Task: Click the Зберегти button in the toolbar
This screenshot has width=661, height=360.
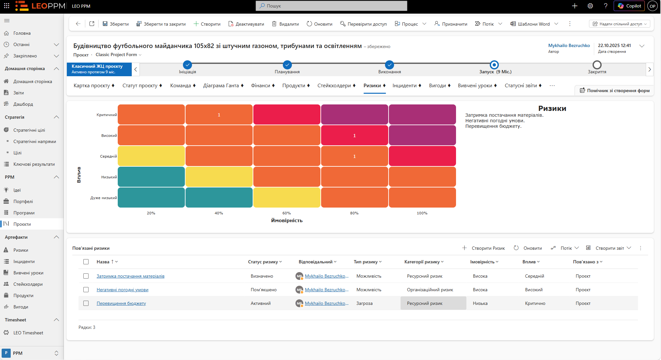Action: click(x=116, y=24)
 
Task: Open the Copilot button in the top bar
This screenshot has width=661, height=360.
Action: click(x=629, y=6)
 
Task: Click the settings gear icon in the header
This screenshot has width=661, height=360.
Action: click(x=590, y=6)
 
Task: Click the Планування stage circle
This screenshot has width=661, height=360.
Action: click(x=287, y=65)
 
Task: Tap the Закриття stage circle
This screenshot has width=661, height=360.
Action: click(x=597, y=65)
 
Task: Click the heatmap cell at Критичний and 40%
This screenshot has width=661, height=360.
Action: click(x=219, y=114)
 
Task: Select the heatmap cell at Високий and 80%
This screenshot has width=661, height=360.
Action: click(x=355, y=135)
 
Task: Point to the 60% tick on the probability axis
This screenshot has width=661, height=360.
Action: click(x=287, y=213)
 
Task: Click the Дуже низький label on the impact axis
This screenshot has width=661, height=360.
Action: click(x=104, y=198)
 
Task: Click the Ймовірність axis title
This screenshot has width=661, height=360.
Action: click(x=287, y=221)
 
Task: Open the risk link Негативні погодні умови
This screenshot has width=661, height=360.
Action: click(x=123, y=290)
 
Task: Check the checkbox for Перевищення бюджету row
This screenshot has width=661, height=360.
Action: click(x=86, y=303)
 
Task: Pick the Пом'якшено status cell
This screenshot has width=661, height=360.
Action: click(x=264, y=290)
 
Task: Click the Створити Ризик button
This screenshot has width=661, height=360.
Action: click(x=484, y=248)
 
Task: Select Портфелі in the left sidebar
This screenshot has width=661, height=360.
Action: click(x=23, y=201)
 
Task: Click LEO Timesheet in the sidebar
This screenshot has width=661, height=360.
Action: click(x=28, y=333)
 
